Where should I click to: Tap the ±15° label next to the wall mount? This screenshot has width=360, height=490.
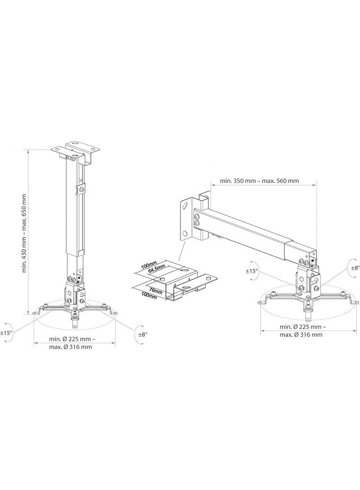coord(252,271)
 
